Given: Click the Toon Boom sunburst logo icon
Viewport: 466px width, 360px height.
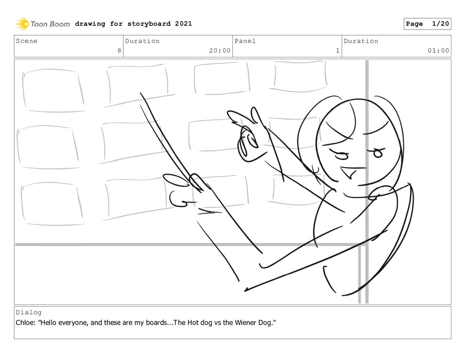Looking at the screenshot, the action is point(22,24).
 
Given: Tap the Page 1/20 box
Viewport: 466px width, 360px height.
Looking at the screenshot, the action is point(427,24).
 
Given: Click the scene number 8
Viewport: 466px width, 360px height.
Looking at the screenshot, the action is point(119,51).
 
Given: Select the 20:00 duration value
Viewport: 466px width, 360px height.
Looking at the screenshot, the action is point(220,51).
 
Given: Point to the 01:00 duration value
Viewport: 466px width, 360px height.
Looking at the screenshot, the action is point(438,51).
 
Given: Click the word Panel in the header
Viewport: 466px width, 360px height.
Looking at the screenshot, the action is point(245,41).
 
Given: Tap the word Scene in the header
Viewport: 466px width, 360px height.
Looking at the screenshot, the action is point(26,41).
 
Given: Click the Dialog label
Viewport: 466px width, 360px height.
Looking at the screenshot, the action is point(29,312).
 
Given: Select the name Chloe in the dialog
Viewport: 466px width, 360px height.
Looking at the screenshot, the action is point(25,323).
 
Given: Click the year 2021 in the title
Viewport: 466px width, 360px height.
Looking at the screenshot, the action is point(183,24).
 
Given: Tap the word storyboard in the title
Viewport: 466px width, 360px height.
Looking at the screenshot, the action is point(149,24).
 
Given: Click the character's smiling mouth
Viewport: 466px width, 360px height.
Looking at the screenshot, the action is point(352,172).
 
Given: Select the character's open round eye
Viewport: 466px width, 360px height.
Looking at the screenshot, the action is point(377,152).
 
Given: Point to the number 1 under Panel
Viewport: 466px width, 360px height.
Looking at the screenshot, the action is point(338,51).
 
